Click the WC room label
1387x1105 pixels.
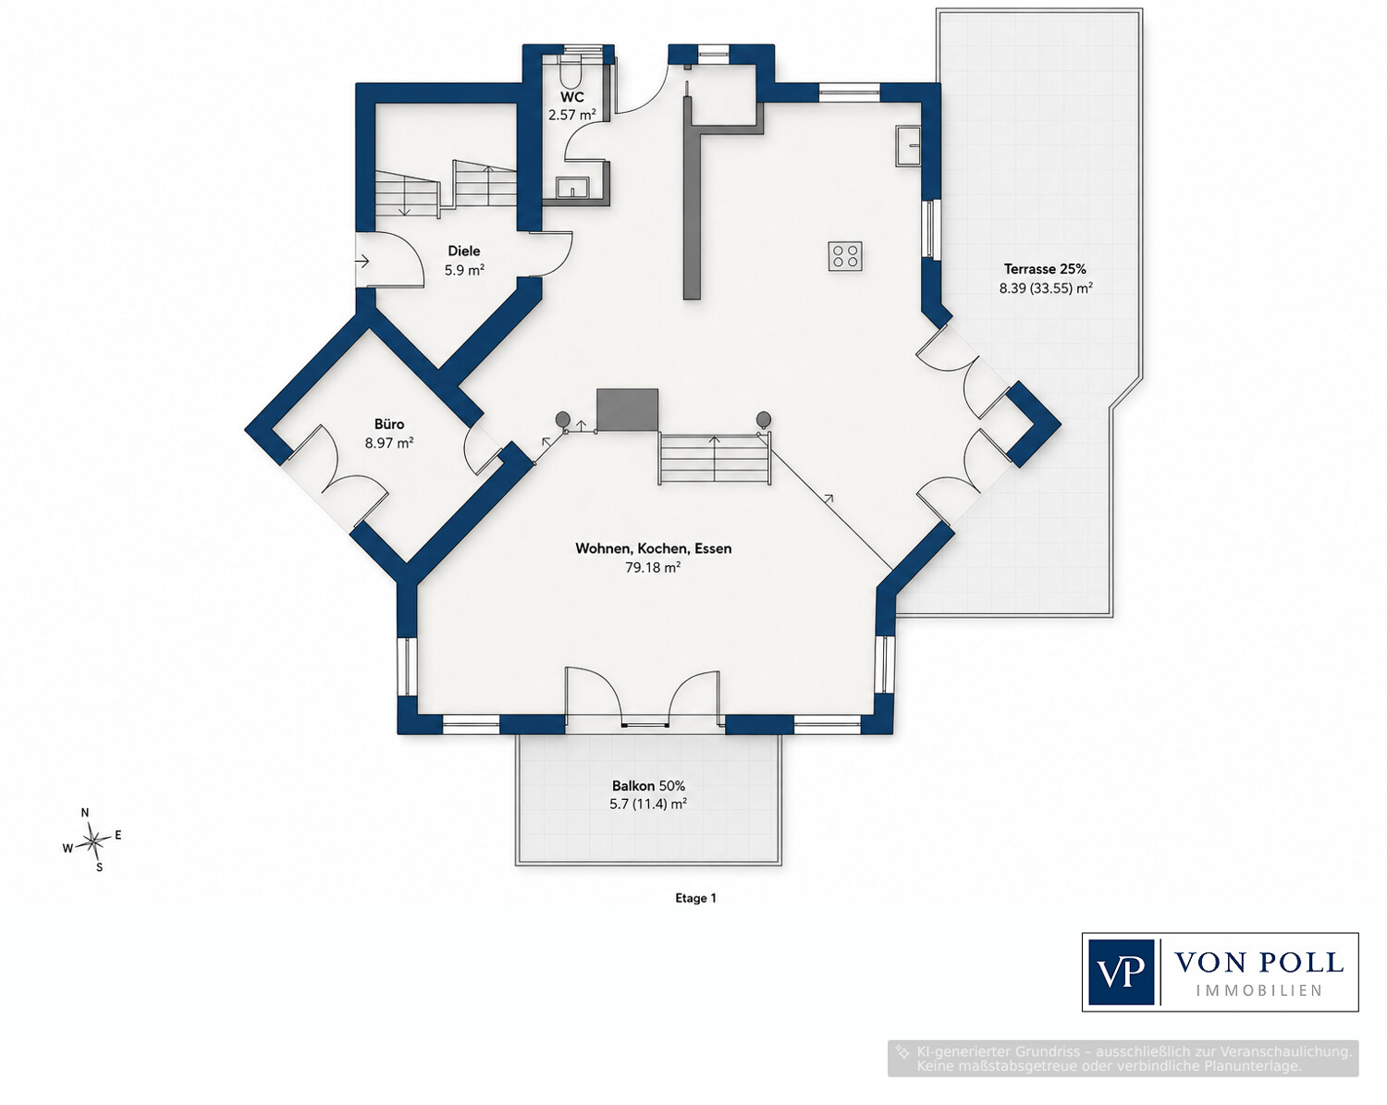tap(571, 97)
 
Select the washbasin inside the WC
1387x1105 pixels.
tap(571, 188)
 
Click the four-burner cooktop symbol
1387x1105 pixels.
tap(845, 256)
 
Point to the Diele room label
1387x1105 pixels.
tap(464, 251)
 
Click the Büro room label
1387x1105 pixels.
tap(389, 424)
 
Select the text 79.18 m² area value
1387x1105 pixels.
tap(653, 568)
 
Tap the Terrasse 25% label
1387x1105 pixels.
tap(1045, 269)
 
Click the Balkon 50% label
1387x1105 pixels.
tap(648, 786)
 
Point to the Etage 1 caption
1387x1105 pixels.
tap(695, 898)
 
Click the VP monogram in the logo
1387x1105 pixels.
tap(1121, 972)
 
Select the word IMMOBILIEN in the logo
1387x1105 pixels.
tap(1259, 989)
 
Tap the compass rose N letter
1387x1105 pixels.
tap(85, 812)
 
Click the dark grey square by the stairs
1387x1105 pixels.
tap(627, 409)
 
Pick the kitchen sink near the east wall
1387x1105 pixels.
tap(909, 146)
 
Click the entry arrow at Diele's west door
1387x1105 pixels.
tap(362, 262)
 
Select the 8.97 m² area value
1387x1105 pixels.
tap(388, 443)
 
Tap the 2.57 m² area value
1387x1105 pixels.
tap(571, 116)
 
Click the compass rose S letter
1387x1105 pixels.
tap(99, 867)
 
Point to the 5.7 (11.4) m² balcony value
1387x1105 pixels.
tap(648, 804)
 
